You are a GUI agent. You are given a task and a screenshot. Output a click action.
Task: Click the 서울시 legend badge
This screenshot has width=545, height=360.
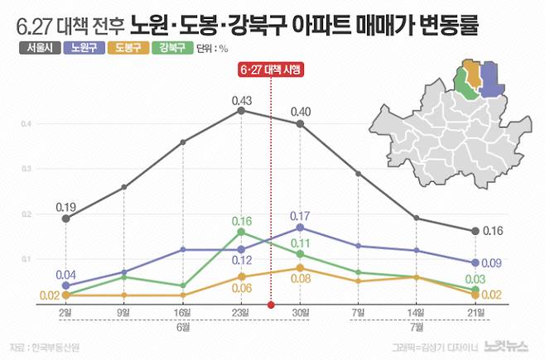(36, 48)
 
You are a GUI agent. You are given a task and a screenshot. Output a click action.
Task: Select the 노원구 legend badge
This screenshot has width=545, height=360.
(83, 48)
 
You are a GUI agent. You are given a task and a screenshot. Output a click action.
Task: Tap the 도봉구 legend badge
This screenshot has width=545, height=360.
(128, 48)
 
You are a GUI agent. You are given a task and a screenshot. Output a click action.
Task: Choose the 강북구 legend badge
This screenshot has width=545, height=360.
(172, 48)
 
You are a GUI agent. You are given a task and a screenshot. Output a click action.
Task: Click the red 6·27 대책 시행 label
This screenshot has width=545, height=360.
(271, 70)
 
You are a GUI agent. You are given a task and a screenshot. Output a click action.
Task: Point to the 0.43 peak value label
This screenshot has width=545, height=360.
(240, 98)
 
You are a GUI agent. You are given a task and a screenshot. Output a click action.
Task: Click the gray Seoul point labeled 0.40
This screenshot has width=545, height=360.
(300, 124)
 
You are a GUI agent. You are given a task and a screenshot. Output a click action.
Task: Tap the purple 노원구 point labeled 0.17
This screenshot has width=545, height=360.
(300, 227)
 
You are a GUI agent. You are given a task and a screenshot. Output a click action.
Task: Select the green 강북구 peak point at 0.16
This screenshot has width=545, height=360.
(240, 233)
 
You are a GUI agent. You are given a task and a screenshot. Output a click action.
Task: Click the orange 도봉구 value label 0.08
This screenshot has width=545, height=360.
(300, 281)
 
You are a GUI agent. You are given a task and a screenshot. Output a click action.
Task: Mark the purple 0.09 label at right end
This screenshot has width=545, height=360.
(493, 264)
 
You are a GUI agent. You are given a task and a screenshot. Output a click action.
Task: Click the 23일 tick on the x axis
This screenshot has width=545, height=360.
(240, 312)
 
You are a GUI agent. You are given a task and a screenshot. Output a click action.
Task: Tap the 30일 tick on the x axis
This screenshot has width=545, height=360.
(300, 312)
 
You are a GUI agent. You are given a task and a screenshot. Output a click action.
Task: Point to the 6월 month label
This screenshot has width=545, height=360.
(182, 327)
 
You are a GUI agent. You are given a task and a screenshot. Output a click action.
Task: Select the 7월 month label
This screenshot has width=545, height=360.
(416, 327)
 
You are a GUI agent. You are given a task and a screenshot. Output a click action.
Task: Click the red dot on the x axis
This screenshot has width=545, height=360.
(271, 305)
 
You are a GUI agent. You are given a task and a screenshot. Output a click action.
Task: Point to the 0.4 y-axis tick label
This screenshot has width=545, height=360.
(27, 124)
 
